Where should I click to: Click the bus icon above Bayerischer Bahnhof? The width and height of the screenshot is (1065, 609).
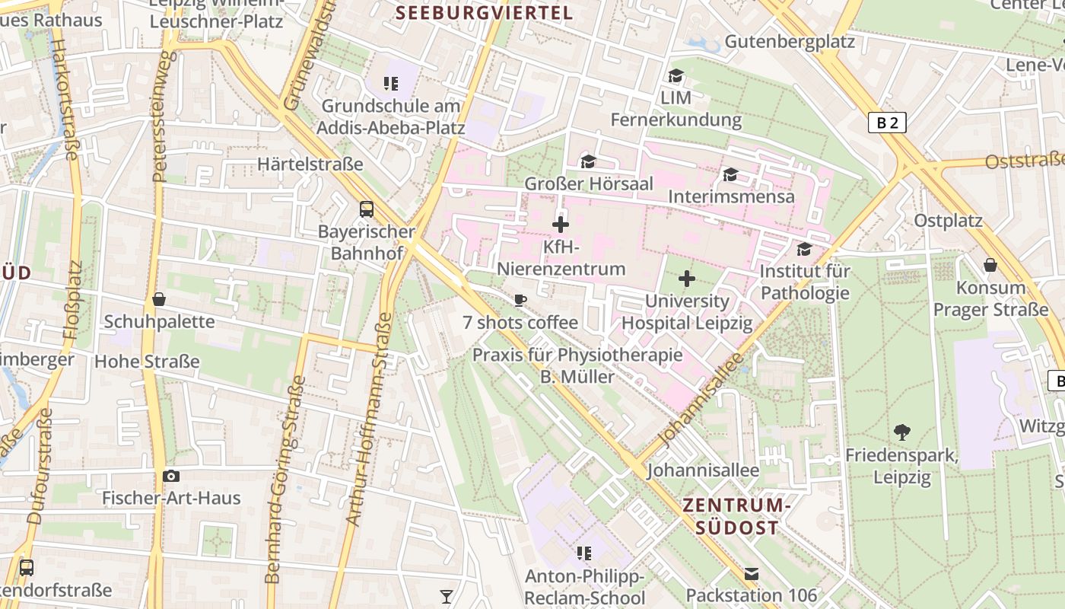pos(367,209)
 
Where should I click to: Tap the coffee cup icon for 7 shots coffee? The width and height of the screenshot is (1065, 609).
pos(520,300)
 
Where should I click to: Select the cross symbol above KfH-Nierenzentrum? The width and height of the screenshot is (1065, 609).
pos(561,225)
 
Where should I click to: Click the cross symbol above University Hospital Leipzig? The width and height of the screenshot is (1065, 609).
pos(686,279)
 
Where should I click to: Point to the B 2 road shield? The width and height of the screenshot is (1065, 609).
pos(887,123)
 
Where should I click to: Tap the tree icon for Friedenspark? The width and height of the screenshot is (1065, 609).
pos(902,432)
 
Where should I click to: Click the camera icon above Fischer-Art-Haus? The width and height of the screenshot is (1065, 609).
pos(171,476)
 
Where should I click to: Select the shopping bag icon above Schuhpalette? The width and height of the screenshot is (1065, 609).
pos(159,299)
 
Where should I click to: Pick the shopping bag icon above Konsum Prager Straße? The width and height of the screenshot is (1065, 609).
pos(990,265)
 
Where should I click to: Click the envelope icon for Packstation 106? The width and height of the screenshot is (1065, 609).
pos(752,573)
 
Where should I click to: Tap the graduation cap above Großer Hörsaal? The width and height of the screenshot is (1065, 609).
pos(588,161)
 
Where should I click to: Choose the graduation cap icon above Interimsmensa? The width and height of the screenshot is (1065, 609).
pos(730,174)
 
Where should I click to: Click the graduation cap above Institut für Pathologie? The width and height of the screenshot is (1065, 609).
pos(804,249)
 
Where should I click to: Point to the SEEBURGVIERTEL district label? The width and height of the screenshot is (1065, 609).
pos(484,12)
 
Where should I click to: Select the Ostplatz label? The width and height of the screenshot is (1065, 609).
pos(948,221)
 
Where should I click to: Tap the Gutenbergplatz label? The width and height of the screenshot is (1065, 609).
pos(790,41)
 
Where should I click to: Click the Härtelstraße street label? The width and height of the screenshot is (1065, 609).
pos(310,164)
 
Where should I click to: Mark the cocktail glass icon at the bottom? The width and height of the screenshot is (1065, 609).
pos(447,596)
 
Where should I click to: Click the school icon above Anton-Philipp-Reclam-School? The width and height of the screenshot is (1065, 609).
pos(583,553)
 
